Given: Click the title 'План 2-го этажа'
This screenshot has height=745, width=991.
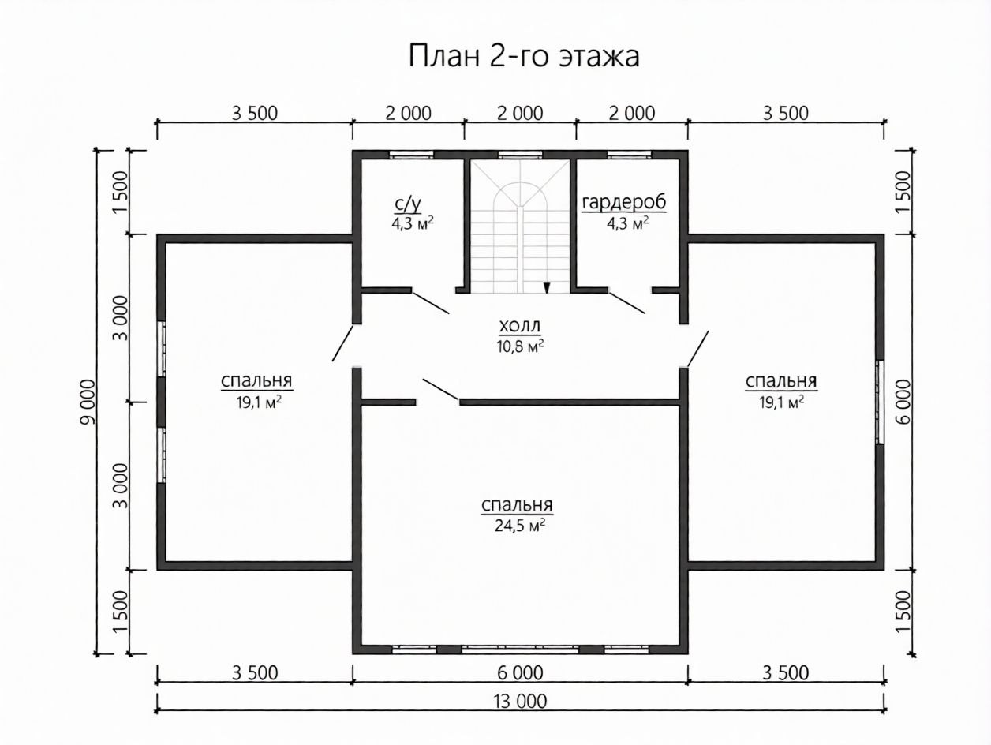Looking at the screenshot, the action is pyautogui.click(x=524, y=57).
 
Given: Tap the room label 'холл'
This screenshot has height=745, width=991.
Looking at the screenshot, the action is pyautogui.click(x=520, y=325).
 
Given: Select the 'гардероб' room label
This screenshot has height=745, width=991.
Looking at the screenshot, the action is pyautogui.click(x=624, y=203).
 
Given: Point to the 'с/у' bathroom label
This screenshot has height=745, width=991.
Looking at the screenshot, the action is pyautogui.click(x=408, y=204).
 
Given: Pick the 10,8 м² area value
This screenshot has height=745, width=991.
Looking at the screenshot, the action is pyautogui.click(x=520, y=346).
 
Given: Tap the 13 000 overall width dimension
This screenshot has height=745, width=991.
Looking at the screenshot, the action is pyautogui.click(x=520, y=702).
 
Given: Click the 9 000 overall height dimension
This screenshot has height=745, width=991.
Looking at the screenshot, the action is pyautogui.click(x=88, y=402).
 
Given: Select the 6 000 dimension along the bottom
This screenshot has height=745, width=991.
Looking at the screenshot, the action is pyautogui.click(x=520, y=673).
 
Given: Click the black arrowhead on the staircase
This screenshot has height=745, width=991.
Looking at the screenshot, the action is pyautogui.click(x=547, y=287).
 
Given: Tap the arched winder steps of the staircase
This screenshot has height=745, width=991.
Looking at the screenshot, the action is pyautogui.click(x=520, y=195).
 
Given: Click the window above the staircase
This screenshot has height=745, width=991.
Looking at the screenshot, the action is pyautogui.click(x=520, y=155).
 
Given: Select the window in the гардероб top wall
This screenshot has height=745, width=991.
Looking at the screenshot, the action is pyautogui.click(x=629, y=155).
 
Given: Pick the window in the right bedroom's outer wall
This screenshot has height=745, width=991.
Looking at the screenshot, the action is pyautogui.click(x=880, y=402).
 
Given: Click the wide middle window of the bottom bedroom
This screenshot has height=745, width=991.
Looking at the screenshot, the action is pyautogui.click(x=520, y=650).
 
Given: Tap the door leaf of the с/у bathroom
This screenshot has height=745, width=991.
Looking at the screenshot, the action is pyautogui.click(x=431, y=302).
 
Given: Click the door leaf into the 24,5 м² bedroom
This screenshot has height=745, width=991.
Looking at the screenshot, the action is pyautogui.click(x=440, y=390).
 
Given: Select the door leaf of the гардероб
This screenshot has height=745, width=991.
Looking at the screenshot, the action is pyautogui.click(x=626, y=302).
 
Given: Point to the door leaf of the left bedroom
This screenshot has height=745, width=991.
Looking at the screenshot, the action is pyautogui.click(x=342, y=343).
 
